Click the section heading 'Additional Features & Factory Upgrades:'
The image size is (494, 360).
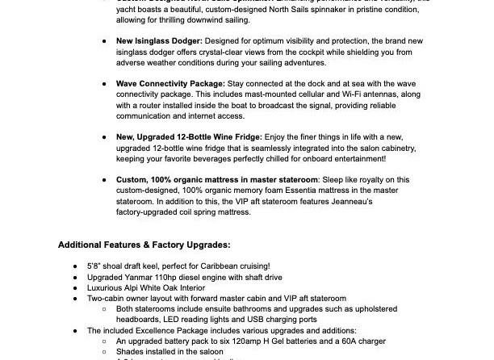coord(144,244)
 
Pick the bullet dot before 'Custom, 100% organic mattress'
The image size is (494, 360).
coord(106,180)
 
